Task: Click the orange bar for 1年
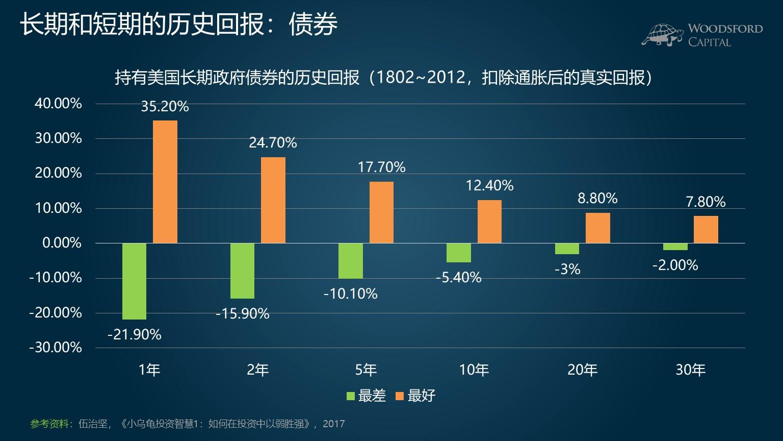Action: [165, 182]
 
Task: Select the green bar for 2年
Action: [242, 271]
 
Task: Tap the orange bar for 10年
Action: [489, 222]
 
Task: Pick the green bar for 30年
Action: [675, 247]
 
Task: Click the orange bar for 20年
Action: [597, 228]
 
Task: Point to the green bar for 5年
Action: [351, 260]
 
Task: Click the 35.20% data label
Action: [165, 107]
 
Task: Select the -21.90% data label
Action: [135, 335]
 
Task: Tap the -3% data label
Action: [567, 269]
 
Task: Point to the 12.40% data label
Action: [489, 185]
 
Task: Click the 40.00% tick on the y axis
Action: [58, 104]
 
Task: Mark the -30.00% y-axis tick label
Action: [56, 348]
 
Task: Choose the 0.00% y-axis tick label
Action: [62, 243]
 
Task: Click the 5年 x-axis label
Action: [366, 370]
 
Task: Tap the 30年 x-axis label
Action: [691, 370]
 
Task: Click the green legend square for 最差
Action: [351, 396]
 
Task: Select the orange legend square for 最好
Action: [400, 396]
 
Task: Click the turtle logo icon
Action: [662, 34]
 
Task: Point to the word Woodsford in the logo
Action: [725, 29]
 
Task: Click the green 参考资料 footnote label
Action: [49, 424]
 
